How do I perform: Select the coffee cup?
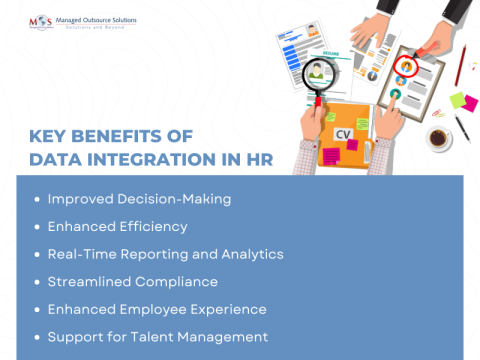438,138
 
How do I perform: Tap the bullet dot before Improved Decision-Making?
37,199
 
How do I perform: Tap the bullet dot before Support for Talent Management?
37,337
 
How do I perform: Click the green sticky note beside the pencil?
455,100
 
